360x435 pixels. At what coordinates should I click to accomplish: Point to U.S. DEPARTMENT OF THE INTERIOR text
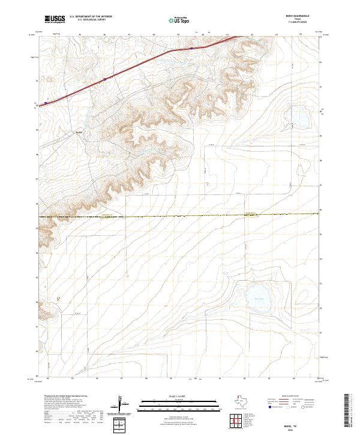click(91, 17)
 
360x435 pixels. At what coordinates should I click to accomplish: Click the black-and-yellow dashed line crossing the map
click(180, 216)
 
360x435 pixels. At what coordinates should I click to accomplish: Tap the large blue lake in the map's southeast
click(259, 298)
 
